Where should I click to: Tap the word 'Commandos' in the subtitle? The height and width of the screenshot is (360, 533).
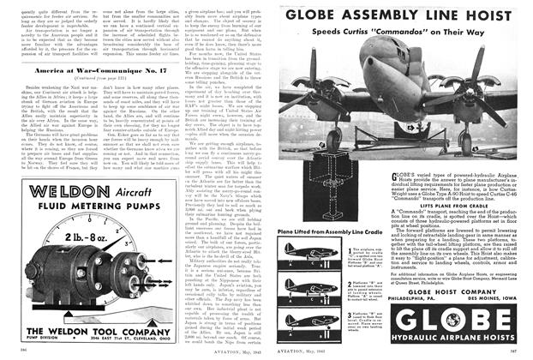437,33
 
